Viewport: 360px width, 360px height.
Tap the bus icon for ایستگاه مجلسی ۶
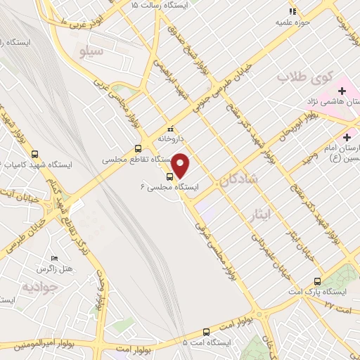[169, 176]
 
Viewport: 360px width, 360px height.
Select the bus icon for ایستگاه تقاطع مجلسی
[138, 148]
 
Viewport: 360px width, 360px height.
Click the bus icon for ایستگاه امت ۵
[206, 331]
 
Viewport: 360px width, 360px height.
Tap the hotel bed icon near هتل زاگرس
[56, 258]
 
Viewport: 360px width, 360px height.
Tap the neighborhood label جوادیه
[37, 286]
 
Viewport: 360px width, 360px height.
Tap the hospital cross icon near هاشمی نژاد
[342, 91]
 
